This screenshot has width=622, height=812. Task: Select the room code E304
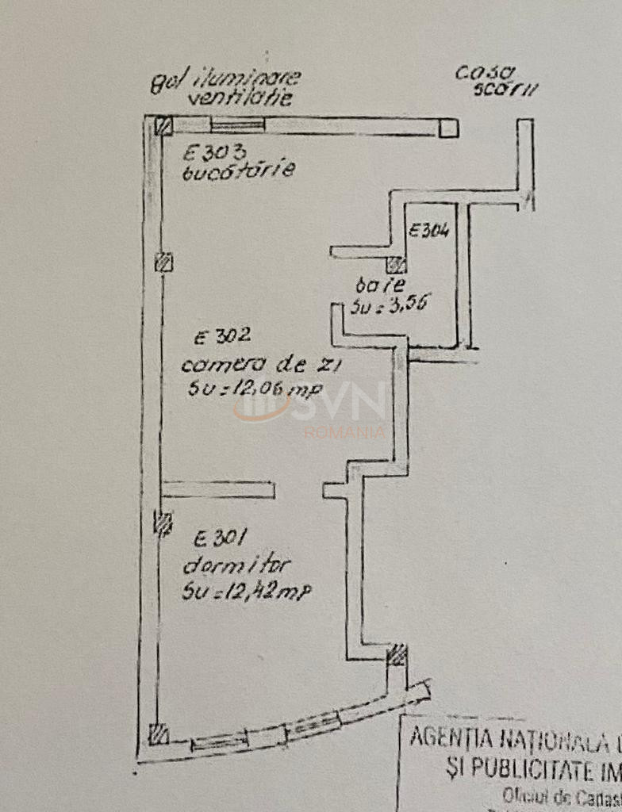tap(428, 232)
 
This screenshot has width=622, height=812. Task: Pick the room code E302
tap(221, 337)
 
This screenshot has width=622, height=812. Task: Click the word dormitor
tap(237, 566)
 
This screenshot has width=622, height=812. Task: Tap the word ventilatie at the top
tap(240, 99)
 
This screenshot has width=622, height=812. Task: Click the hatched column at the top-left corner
tap(163, 126)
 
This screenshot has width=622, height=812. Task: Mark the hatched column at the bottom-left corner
tap(159, 734)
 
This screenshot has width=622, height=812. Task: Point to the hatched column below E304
tap(396, 265)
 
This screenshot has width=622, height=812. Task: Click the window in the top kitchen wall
tap(237, 124)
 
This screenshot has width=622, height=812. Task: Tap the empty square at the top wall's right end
tap(449, 128)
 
